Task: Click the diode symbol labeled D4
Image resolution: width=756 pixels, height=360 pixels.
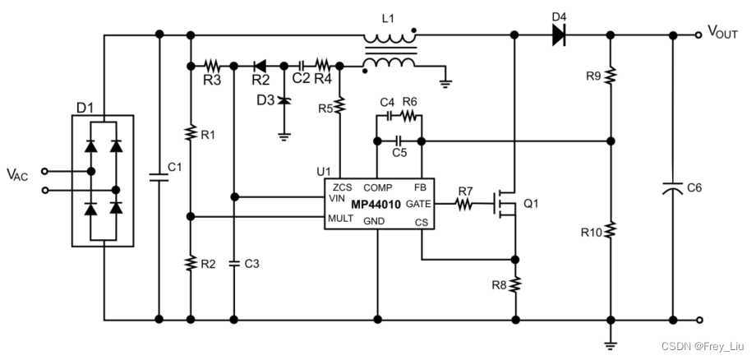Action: [x=560, y=35]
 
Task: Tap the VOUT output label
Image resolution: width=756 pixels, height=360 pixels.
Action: [x=727, y=32]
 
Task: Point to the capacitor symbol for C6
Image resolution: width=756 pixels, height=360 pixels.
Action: [x=673, y=190]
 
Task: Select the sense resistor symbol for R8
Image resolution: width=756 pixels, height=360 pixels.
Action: [x=515, y=284]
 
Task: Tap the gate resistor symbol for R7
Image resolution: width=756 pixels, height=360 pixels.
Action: [x=465, y=203]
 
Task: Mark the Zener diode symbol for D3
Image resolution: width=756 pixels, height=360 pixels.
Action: [x=284, y=99]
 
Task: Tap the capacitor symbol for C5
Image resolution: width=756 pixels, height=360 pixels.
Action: [x=399, y=140]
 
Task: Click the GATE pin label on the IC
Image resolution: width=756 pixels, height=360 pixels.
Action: [x=417, y=202]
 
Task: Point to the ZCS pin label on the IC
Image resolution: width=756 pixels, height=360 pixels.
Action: [x=343, y=188]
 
